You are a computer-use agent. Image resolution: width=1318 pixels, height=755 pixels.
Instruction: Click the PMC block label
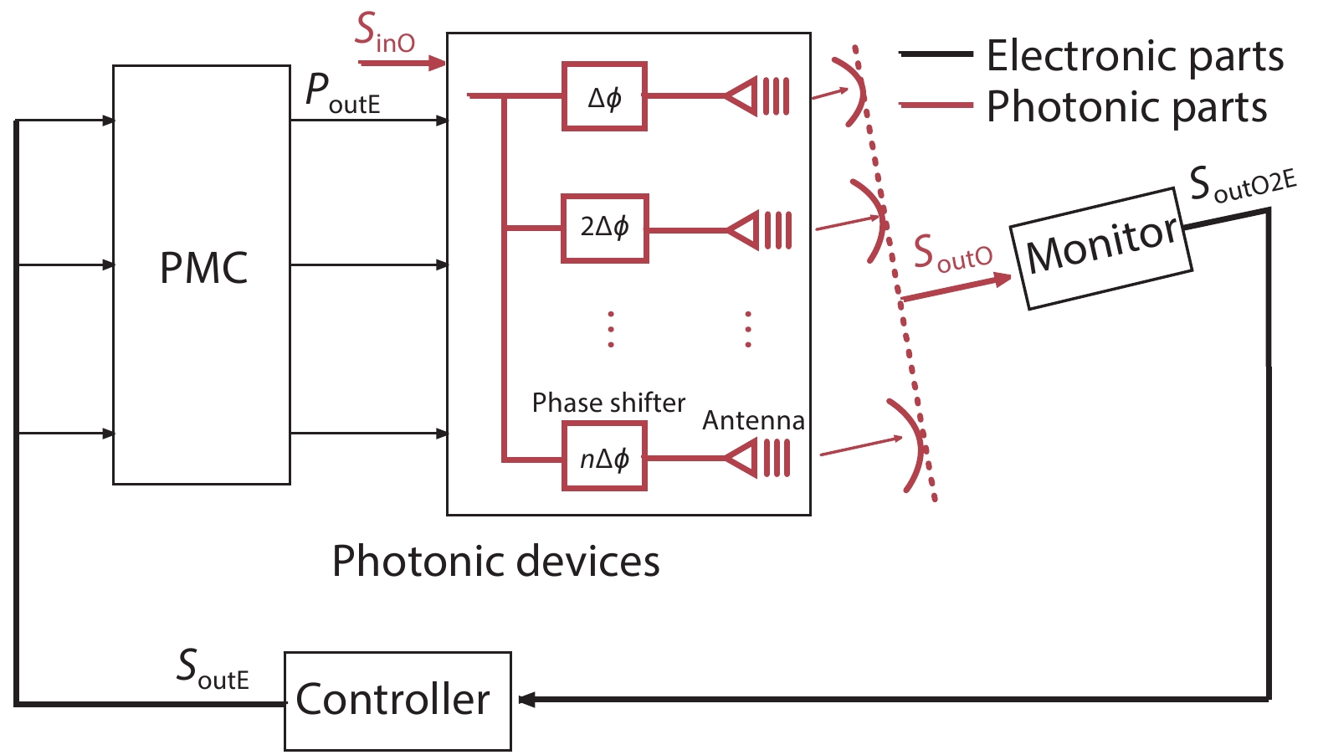point(203,269)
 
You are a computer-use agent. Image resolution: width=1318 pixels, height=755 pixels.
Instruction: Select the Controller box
point(397,701)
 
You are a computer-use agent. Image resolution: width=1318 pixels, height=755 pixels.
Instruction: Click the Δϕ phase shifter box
point(604,97)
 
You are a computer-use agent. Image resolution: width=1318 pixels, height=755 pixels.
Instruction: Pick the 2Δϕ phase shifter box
point(604,229)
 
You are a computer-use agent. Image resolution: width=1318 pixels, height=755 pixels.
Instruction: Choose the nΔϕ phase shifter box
point(604,457)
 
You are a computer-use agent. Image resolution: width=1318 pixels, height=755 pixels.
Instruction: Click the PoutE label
point(342,92)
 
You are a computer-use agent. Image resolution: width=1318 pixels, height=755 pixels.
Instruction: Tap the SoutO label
point(952,253)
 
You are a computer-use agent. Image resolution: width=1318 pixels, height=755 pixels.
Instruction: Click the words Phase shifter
point(608,403)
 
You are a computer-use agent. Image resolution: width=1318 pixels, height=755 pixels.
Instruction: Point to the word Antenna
point(753,420)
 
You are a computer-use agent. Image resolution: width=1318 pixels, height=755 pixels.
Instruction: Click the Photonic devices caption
point(495,561)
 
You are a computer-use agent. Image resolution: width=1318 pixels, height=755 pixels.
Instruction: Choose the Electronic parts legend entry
point(1134,56)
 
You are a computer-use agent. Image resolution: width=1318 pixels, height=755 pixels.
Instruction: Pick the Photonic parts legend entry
point(1126,107)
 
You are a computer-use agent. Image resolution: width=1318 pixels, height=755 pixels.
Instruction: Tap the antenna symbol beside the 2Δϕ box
point(758,229)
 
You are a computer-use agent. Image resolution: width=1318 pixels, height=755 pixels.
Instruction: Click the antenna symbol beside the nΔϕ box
point(758,458)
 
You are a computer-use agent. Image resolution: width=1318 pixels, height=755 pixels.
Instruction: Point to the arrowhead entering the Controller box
point(526,699)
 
